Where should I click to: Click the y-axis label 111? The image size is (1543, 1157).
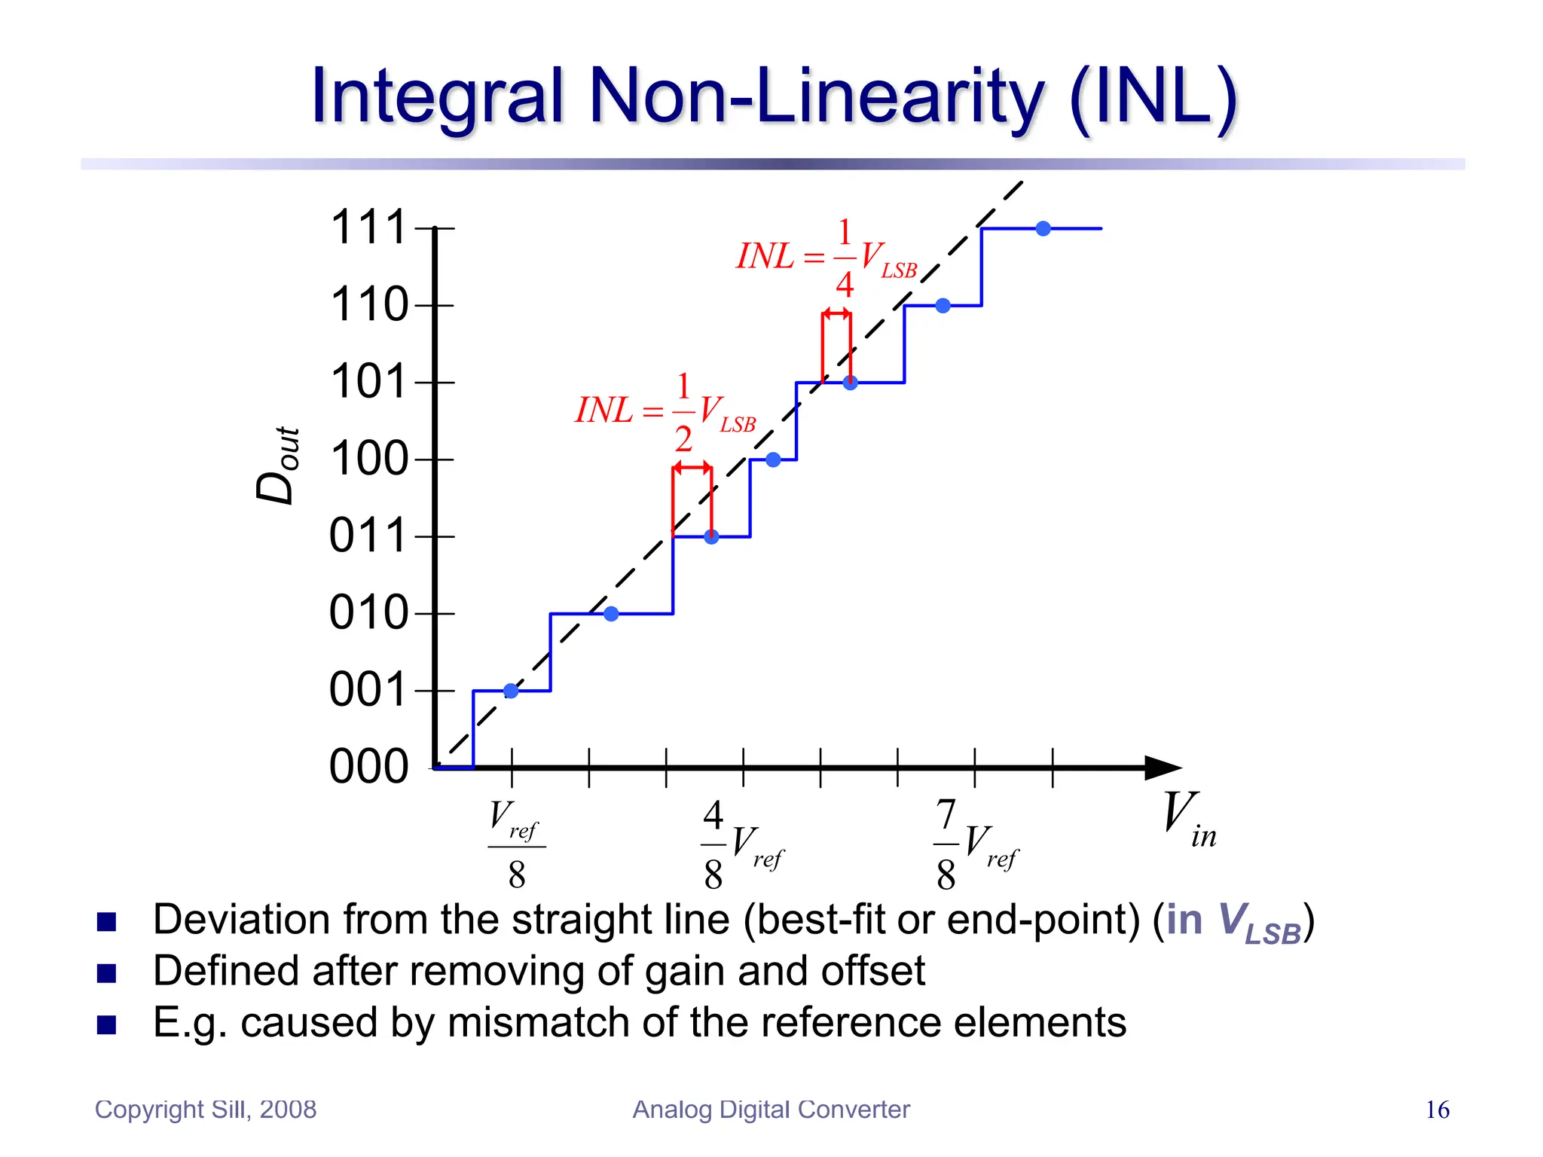coord(368,227)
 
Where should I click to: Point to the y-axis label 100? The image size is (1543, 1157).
coord(368,459)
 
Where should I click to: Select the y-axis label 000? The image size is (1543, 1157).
coord(368,767)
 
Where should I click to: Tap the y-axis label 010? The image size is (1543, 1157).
coord(368,612)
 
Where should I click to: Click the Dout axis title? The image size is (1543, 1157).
coord(277,465)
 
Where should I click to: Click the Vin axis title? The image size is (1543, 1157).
coord(1188,820)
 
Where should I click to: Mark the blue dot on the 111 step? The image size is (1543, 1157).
coord(1043,228)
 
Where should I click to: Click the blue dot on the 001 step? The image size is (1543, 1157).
coord(511,691)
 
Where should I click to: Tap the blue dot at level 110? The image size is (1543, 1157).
coord(943,305)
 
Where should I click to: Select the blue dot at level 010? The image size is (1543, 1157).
coord(611,614)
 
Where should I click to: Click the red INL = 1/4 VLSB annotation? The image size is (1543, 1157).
coord(827,257)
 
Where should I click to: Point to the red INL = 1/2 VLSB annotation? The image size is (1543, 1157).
coord(665,411)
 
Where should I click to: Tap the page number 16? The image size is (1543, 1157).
coord(1437,1110)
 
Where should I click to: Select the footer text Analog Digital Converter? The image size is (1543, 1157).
coord(771,1110)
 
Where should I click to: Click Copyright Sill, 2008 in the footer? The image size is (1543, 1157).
coord(206,1110)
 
